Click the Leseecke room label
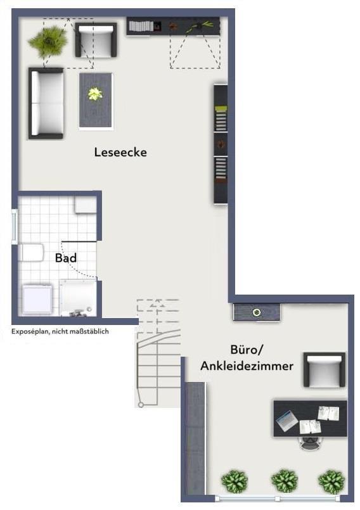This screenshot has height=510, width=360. coord(120,152)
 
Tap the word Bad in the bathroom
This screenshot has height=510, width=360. coord(66,258)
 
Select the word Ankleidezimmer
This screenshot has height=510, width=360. coord(247,366)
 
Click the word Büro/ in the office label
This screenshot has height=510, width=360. coord(247,349)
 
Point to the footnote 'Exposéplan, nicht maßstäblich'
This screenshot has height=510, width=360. coord(60,331)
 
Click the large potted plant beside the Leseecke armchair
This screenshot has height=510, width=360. coord(48,41)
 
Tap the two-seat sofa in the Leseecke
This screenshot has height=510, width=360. coord(46,103)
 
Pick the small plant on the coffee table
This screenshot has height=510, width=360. coord(95,94)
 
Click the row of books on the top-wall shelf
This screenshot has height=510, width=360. coord(141,26)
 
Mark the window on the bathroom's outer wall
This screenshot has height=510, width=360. coord(15,226)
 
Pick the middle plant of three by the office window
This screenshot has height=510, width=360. coord(285,481)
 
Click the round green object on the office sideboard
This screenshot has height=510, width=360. coord(257,312)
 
